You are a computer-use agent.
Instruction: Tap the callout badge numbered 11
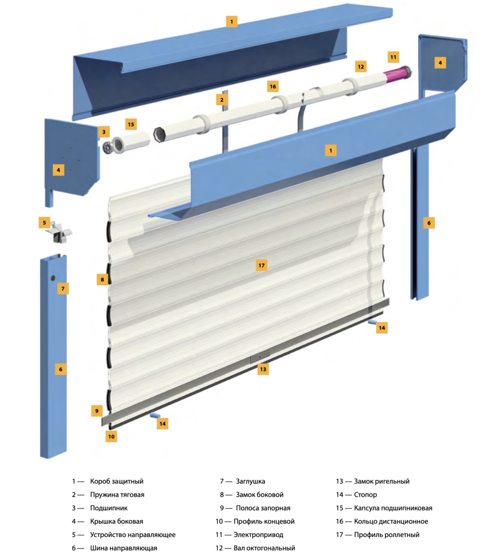pyautogui.click(x=393, y=57)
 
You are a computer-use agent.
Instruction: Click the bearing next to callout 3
pyautogui.click(x=109, y=147)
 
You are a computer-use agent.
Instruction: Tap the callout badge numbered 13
pyautogui.click(x=263, y=369)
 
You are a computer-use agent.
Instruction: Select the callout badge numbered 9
pyautogui.click(x=97, y=411)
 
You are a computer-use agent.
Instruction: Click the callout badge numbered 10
pyautogui.click(x=111, y=436)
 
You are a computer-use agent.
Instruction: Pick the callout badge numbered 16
pyautogui.click(x=273, y=86)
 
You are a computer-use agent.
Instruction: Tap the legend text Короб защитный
pyautogui.click(x=117, y=481)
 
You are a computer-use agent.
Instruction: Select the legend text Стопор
pyautogui.click(x=365, y=495)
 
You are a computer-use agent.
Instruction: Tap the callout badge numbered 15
pyautogui.click(x=131, y=125)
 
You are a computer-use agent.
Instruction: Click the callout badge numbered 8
pyautogui.click(x=102, y=280)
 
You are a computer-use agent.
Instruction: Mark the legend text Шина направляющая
pyautogui.click(x=123, y=548)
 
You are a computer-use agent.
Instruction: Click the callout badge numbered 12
pyautogui.click(x=360, y=67)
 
